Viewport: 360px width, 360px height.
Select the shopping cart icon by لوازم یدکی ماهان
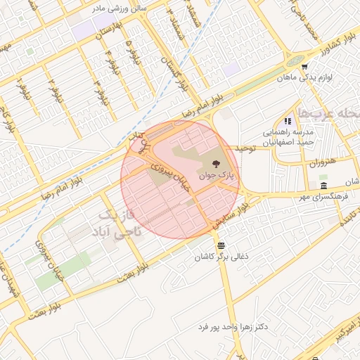point(304,67)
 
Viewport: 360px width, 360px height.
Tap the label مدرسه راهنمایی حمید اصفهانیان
point(287,136)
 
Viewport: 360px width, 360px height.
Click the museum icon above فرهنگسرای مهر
point(323,186)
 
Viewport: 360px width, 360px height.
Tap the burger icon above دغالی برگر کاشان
point(222,245)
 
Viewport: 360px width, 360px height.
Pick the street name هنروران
point(323,163)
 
